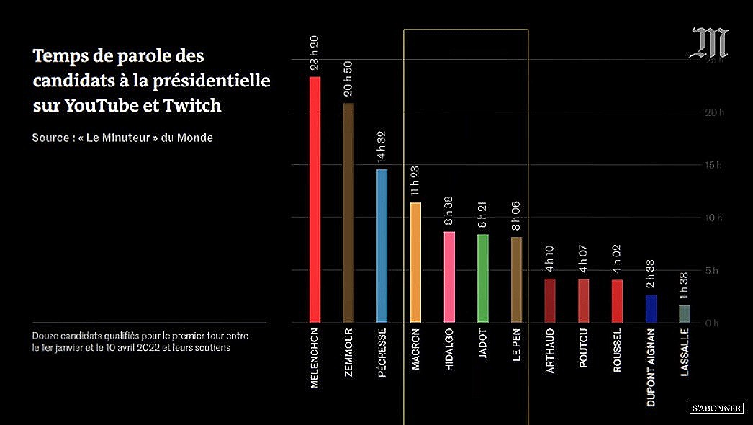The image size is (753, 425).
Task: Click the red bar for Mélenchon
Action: pos(315,200)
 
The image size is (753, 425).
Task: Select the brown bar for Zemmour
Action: pos(348,212)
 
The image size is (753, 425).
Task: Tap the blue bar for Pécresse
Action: pos(382,246)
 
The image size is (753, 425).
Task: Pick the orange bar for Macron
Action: pos(415,262)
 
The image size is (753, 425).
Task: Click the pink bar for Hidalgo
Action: pos(449,277)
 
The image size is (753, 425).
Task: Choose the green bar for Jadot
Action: pos(483,278)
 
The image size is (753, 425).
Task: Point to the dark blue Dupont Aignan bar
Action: pos(651,308)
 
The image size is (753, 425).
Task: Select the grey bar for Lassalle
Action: pos(685,314)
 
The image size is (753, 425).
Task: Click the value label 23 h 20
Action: pos(315,53)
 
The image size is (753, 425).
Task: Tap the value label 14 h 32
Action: pos(382,146)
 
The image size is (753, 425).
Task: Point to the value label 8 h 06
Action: pos(516,214)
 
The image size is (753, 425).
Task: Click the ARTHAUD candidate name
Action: pos(550,352)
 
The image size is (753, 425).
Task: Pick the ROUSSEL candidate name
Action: pos(618,352)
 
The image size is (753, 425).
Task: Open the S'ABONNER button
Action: pos(716,408)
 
